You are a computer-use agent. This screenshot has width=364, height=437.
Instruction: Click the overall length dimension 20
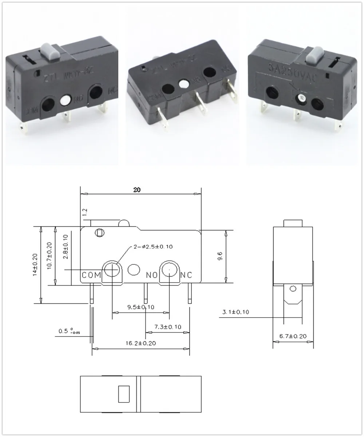tap(137, 190)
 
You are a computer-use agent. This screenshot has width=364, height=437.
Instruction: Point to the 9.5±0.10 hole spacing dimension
tap(141, 307)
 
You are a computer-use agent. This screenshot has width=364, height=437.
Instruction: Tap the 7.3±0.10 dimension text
tap(167, 327)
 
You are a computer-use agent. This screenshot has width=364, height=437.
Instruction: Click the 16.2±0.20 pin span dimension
tap(141, 343)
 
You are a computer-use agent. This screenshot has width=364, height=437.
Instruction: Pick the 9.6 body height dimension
tap(219, 256)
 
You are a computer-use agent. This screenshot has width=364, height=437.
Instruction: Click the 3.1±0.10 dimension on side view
tap(235, 312)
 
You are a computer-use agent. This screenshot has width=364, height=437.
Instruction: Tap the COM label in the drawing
tap(91, 275)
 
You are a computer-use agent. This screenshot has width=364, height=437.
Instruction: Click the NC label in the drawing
tap(186, 275)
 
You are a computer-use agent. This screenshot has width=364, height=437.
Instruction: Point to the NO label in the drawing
tap(151, 275)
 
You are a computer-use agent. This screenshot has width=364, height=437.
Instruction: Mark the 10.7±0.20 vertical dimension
tap(50, 256)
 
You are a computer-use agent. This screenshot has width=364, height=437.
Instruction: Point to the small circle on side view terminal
tap(293, 289)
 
